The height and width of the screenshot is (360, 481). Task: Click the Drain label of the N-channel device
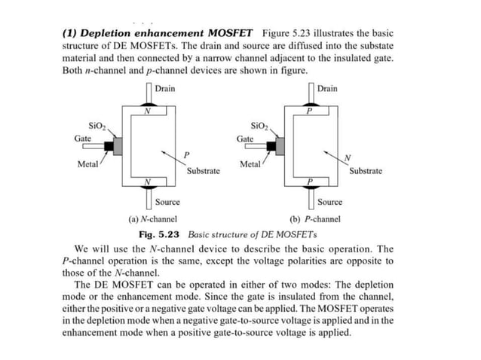pos(164,89)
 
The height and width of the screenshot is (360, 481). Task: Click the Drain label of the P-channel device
pos(328,89)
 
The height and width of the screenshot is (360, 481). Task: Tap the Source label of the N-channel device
pos(167,202)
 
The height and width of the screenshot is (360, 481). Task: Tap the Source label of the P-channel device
pos(329,202)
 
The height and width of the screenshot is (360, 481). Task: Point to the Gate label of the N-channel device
pos(84,139)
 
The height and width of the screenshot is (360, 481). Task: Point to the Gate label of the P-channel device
pos(245,139)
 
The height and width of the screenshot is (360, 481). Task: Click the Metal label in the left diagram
pos(88,164)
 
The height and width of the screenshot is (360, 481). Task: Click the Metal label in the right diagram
pos(250,164)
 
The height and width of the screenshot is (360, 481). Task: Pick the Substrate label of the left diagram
pos(203,172)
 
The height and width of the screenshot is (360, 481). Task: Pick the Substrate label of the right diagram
pos(366,172)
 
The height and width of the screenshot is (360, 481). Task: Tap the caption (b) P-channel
pos(315,219)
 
